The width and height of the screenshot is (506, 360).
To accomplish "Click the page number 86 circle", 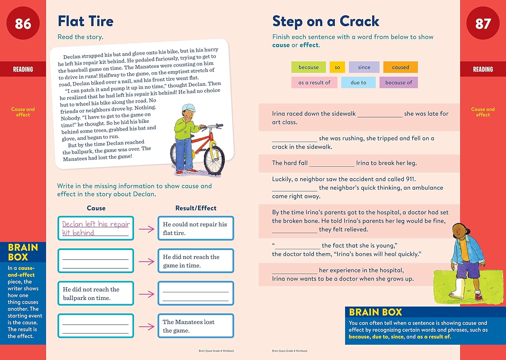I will pyautogui.click(x=23, y=23).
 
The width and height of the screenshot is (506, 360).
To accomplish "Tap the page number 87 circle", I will pyautogui.click(x=483, y=23).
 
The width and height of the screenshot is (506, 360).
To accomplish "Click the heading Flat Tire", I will pyautogui.click(x=85, y=21).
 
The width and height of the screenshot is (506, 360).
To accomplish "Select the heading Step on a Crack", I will pyautogui.click(x=326, y=21).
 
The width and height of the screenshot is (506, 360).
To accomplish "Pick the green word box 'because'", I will pyautogui.click(x=308, y=67).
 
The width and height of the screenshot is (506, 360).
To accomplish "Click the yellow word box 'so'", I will pyautogui.click(x=337, y=67).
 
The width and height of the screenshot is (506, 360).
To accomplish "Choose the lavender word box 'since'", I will pyautogui.click(x=364, y=67).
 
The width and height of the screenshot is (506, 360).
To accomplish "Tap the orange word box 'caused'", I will pyautogui.click(x=400, y=67).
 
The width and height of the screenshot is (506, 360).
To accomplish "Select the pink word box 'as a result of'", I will pyautogui.click(x=314, y=83).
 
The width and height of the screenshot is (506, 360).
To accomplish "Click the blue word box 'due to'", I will pyautogui.click(x=358, y=83).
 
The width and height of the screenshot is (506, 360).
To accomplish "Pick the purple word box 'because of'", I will pyautogui.click(x=398, y=83).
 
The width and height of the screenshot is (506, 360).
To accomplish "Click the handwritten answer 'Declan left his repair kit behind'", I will pyautogui.click(x=96, y=228).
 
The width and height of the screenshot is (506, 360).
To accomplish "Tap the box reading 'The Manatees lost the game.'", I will pyautogui.click(x=196, y=326).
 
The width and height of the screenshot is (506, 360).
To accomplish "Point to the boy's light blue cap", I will pyautogui.click(x=189, y=108).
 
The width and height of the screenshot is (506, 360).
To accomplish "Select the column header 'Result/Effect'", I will pyautogui.click(x=196, y=208).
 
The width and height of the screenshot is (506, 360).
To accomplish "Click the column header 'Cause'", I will pyautogui.click(x=96, y=208).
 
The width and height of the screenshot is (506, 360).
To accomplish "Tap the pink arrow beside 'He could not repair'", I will pyautogui.click(x=146, y=229).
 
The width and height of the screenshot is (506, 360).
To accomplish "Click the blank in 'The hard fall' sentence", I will pyautogui.click(x=332, y=163).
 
